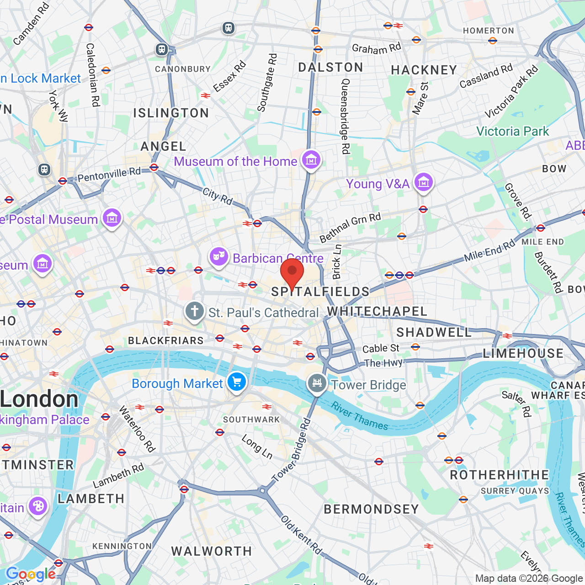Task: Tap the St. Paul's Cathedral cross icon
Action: click(194, 311)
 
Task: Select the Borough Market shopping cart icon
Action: click(236, 382)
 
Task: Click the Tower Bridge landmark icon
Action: click(317, 383)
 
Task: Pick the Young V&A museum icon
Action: click(423, 182)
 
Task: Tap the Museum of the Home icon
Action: click(311, 160)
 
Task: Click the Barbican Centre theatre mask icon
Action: click(219, 257)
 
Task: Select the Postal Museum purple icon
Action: click(112, 218)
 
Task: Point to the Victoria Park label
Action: click(512, 132)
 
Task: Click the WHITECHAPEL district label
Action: click(377, 311)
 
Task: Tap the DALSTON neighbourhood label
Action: click(330, 68)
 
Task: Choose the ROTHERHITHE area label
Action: click(499, 475)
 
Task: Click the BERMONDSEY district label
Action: click(371, 509)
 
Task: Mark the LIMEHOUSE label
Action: click(523, 353)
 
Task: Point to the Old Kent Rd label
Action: click(301, 535)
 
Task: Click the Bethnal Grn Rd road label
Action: click(350, 227)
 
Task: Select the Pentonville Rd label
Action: click(109, 174)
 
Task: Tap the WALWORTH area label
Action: click(211, 551)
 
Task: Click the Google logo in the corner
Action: click(31, 574)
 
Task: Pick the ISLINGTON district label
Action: click(171, 113)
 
